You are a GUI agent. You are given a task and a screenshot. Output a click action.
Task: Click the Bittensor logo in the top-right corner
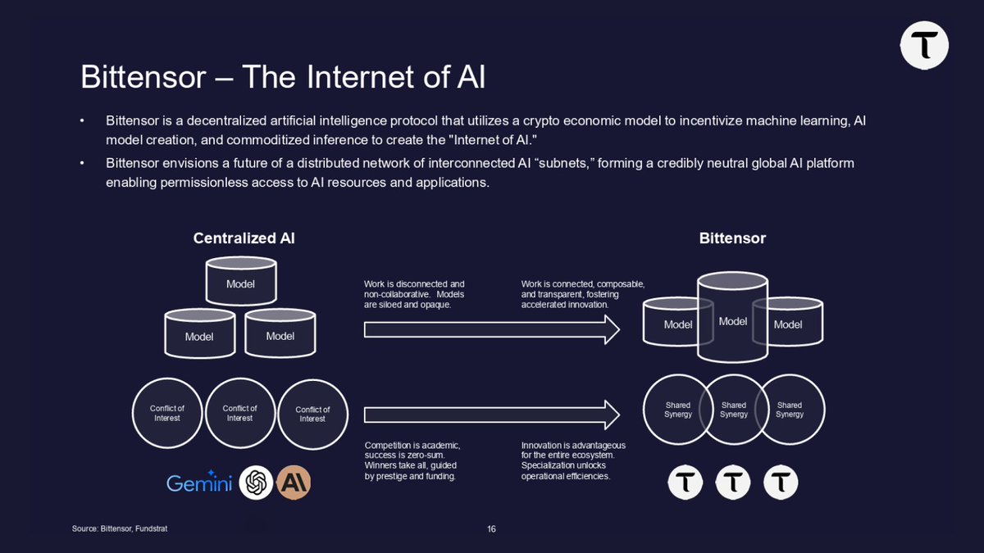(x=924, y=45)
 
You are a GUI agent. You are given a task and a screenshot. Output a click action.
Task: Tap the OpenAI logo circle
(x=256, y=483)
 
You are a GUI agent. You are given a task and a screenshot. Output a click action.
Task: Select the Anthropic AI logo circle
(x=293, y=483)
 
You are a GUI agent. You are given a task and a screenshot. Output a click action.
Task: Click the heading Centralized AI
(x=244, y=238)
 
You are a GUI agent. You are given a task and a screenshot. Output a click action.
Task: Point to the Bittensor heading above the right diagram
(x=732, y=238)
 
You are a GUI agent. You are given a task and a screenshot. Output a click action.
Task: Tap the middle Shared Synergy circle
(x=733, y=410)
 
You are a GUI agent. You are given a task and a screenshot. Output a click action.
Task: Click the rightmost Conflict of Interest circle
(x=312, y=414)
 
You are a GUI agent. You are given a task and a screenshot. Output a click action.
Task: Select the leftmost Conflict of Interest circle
(x=167, y=413)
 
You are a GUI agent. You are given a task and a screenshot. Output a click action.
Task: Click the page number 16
(x=491, y=529)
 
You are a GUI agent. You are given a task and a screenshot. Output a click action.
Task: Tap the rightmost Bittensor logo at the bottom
(x=781, y=483)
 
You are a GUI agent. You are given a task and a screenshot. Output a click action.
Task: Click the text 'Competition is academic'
(x=412, y=446)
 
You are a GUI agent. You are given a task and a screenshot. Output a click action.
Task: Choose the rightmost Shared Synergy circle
(x=790, y=410)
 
